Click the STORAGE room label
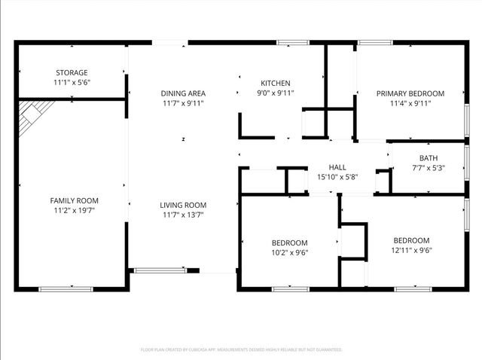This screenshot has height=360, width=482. (x=71, y=72)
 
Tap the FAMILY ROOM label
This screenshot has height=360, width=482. (x=75, y=200)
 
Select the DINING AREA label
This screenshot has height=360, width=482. (x=183, y=93)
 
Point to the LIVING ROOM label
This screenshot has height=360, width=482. (x=183, y=205)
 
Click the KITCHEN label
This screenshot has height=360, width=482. (x=276, y=83)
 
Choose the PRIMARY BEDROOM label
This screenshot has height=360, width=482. (x=410, y=93)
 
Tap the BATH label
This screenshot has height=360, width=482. (x=429, y=158)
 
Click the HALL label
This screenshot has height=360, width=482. (x=337, y=167)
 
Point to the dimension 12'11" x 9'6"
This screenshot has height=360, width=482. (x=411, y=250)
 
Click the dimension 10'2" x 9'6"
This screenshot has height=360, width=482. (x=290, y=252)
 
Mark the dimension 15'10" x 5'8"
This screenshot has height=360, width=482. (x=337, y=177)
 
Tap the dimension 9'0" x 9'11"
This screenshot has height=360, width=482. (x=276, y=93)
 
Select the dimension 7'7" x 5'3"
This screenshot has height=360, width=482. (x=429, y=168)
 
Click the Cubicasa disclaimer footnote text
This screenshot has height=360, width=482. (x=241, y=349)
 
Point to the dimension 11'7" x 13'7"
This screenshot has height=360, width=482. (x=183, y=215)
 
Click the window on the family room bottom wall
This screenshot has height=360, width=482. (x=66, y=288)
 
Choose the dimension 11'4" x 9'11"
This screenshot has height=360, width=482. (x=410, y=103)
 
